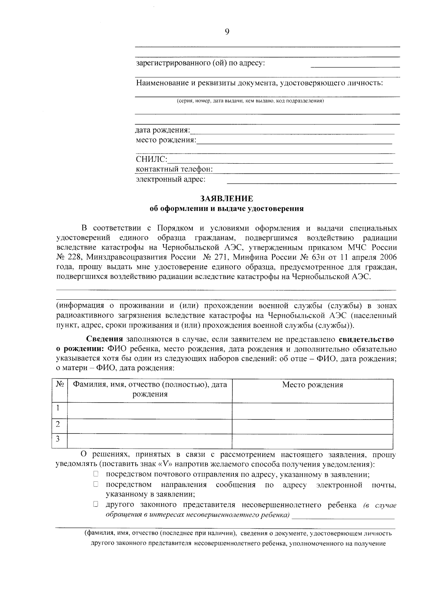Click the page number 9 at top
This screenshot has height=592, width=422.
pos(227,32)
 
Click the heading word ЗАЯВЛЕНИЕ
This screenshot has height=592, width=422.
pos(226,199)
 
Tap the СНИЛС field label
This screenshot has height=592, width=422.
pos(151,160)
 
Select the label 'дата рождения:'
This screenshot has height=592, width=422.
pos(162,130)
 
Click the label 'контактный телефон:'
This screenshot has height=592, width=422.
pos(174,169)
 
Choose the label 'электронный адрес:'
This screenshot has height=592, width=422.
pos(171,180)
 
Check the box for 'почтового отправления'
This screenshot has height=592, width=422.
pos(96,474)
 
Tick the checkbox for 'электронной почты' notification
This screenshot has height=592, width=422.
pos(96,484)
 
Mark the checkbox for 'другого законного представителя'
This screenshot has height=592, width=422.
pos(96,505)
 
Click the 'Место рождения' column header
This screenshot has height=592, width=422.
pos(312,385)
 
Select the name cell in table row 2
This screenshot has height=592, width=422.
pos(149,427)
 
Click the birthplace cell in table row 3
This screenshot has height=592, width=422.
pos(312,441)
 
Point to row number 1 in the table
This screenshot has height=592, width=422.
pos(58,408)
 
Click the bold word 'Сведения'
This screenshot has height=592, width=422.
pos(104,339)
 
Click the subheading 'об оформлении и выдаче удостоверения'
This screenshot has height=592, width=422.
pos(226,209)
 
